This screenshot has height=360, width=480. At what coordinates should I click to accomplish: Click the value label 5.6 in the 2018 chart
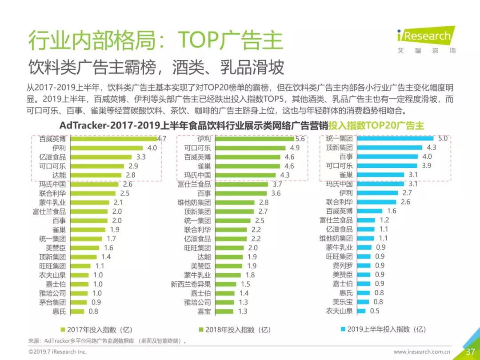point(300,139)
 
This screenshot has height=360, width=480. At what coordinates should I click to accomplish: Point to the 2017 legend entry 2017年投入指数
point(96,330)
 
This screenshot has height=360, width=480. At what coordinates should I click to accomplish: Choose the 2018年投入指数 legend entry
point(235,330)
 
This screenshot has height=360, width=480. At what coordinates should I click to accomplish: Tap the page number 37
point(470,352)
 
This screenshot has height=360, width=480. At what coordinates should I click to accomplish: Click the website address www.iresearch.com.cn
point(422,352)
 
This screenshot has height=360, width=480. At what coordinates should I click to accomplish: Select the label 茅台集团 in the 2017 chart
point(52,302)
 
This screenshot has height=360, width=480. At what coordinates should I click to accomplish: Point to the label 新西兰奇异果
point(191,284)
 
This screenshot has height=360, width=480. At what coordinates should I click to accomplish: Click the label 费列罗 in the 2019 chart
point(343,266)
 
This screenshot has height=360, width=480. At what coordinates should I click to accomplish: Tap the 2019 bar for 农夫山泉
point(360,311)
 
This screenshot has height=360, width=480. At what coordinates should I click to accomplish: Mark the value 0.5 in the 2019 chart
point(375,311)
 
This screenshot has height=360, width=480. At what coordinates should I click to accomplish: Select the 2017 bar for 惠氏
point(78,311)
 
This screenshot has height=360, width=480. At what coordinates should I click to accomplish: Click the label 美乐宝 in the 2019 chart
point(343,302)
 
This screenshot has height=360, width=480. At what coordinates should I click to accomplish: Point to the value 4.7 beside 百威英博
point(161,139)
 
